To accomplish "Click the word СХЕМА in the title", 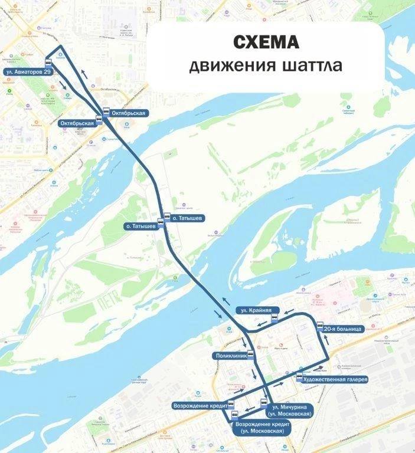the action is pos(265,42).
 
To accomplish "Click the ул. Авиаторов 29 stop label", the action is pos(27,71).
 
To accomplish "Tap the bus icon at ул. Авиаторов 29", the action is pos(48,62).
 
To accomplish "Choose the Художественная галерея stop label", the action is pos(334,379).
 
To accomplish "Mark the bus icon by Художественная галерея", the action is pos(299,376).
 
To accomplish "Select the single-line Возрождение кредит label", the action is pos(199,406).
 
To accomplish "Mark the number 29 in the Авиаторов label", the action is pos(47,71).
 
